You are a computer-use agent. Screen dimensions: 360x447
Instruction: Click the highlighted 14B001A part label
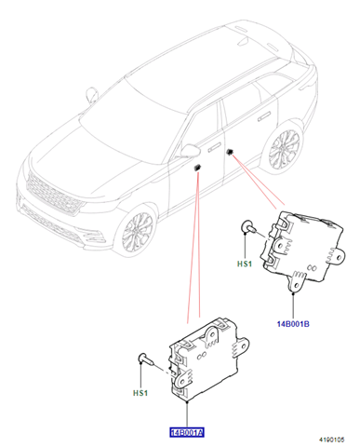click(x=187, y=432)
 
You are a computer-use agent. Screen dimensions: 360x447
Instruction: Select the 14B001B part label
click(x=293, y=324)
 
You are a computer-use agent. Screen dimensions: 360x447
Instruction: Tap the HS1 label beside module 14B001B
click(x=245, y=264)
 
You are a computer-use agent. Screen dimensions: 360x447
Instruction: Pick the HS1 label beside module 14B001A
click(x=140, y=393)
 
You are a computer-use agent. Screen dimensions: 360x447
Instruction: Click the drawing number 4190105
click(x=332, y=440)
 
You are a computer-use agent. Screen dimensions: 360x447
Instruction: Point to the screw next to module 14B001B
click(x=249, y=226)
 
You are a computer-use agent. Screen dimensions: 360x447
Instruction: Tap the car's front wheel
click(x=137, y=231)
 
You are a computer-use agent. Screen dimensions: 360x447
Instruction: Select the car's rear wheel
click(x=284, y=150)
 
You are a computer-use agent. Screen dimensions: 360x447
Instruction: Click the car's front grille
click(x=53, y=194)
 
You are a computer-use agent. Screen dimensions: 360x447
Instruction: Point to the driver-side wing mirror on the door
click(x=190, y=150)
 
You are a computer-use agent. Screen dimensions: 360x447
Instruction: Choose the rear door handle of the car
click(x=264, y=117)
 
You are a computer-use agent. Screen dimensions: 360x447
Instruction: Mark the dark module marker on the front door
click(x=197, y=168)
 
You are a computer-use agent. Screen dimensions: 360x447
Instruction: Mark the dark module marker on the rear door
click(x=230, y=152)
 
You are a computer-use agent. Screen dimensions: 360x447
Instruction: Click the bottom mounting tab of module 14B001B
click(x=297, y=281)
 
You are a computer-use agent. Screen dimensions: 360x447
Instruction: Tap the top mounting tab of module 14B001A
click(x=212, y=337)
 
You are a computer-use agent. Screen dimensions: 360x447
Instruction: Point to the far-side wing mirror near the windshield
click(x=91, y=94)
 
